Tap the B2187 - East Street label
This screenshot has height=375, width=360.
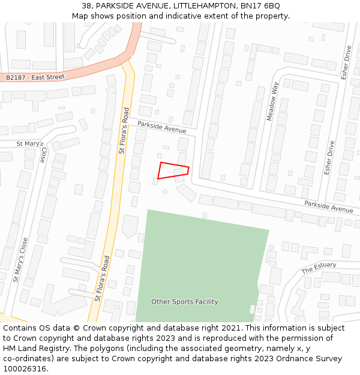(x=35, y=77)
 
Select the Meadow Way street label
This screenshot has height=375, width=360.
(x=273, y=101)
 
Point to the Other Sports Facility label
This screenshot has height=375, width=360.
(x=184, y=302)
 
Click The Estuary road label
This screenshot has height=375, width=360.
(x=319, y=268)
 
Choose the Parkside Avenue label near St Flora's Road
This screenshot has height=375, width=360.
(x=161, y=127)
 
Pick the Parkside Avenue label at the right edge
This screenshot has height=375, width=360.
(x=328, y=206)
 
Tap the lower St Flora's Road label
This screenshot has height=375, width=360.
(x=102, y=278)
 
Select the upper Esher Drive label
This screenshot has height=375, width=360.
(x=345, y=62)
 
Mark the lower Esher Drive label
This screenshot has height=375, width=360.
(x=328, y=158)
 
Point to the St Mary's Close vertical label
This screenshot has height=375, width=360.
(x=21, y=259)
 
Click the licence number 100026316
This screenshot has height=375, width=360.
(x=24, y=368)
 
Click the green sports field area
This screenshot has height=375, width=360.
(x=198, y=258)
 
